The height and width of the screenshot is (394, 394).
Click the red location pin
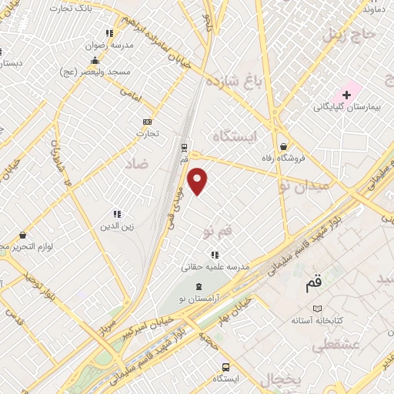tap(199, 182)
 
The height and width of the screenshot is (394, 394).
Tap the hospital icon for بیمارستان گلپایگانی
tap(346, 94)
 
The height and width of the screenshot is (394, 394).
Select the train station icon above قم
tap(184, 148)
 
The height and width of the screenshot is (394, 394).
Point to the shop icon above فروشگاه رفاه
tap(284, 145)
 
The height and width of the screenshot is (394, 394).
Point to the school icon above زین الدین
tap(117, 214)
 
